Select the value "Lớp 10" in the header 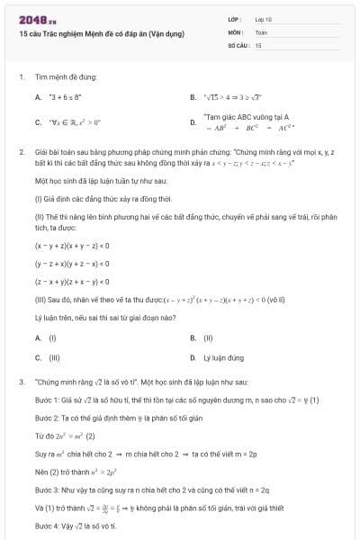pyautogui.click(x=263, y=19)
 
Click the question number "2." pyautogui.click(x=21, y=152)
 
